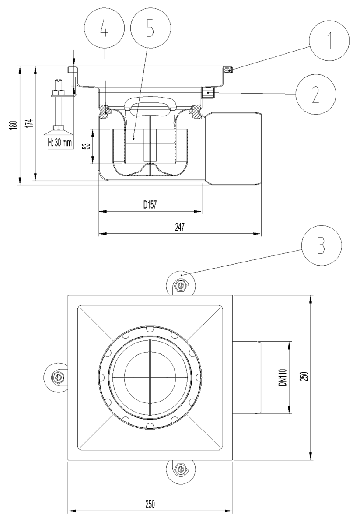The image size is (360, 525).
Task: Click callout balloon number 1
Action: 329,41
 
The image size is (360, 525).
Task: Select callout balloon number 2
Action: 316,94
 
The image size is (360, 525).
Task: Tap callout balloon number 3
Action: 322,245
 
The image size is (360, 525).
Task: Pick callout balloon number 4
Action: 104,28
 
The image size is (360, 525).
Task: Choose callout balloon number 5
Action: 150,28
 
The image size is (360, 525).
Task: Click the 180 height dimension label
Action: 14,127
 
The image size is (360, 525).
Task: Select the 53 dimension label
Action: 87,146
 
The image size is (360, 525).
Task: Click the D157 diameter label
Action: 150,205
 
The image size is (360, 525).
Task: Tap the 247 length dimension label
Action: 179,227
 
